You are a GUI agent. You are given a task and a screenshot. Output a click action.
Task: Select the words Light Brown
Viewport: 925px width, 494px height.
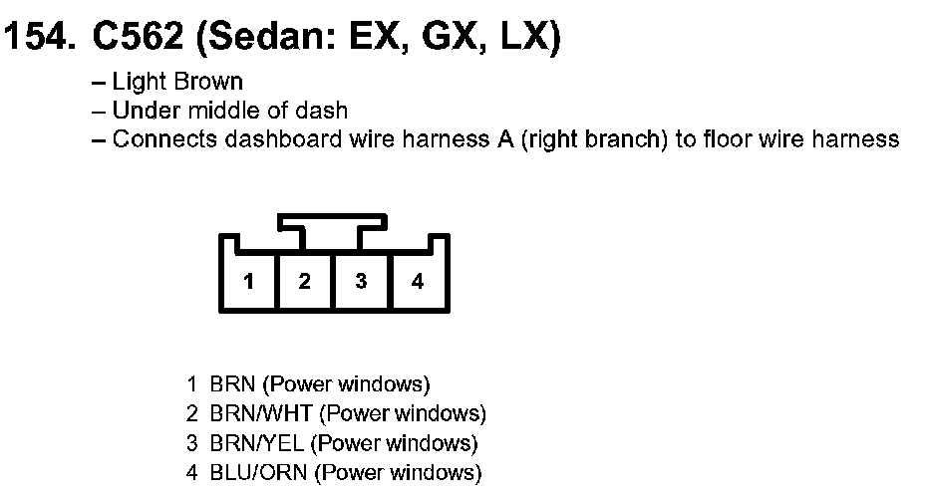click(177, 82)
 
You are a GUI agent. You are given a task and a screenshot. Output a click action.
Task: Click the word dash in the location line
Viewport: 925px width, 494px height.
click(327, 111)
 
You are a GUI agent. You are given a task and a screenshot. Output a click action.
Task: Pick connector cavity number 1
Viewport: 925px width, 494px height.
click(249, 282)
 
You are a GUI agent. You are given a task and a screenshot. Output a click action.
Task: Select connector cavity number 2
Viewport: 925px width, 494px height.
click(305, 282)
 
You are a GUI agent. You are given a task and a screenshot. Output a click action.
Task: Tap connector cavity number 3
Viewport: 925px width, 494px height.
click(361, 282)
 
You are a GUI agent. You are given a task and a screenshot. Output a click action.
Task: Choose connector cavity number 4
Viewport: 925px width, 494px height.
click(418, 282)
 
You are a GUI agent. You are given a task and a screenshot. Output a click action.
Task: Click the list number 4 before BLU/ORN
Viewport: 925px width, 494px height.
click(191, 473)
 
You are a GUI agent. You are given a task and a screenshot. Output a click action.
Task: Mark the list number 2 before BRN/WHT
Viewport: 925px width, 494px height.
click(191, 413)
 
